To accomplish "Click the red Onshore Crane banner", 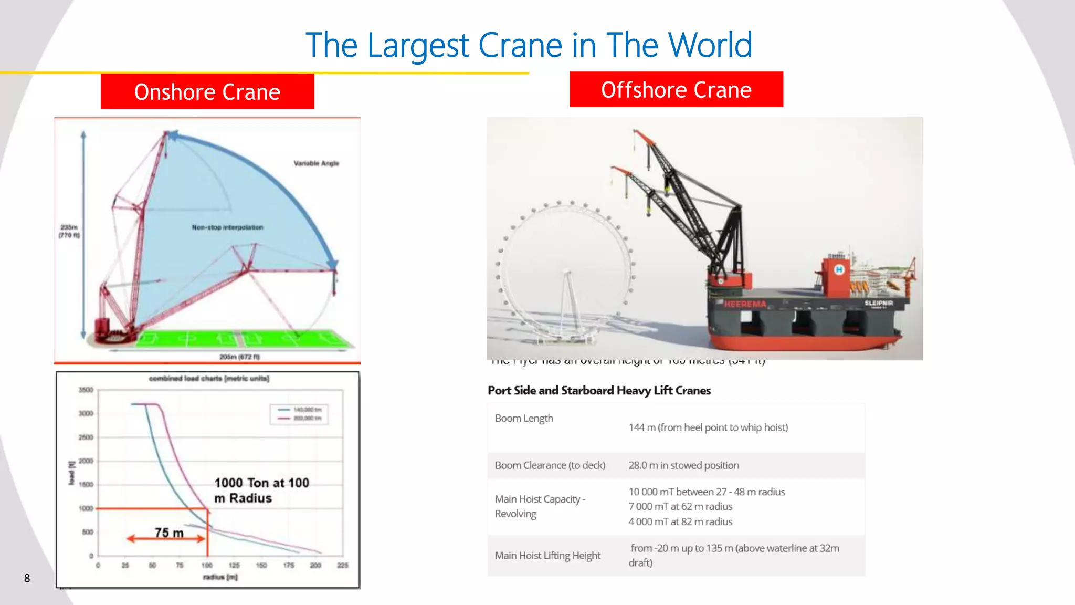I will (207, 92).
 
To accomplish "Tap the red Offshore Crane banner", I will (676, 90).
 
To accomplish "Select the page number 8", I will (27, 578).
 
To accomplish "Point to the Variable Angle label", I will (316, 163).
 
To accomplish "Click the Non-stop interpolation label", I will (227, 227).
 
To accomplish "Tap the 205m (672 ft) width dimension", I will (239, 357).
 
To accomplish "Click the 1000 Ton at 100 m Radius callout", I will (261, 490).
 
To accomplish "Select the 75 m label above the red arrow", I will (169, 533).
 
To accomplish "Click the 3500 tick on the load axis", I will (86, 390).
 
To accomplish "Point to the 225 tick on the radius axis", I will (342, 565).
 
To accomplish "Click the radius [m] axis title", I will (220, 577).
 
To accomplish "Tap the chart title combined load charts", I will (209, 378).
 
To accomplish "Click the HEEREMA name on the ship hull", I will (745, 304).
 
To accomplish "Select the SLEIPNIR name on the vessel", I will (879, 303).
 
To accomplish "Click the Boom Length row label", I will (524, 418).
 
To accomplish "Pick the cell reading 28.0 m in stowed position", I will (683, 465).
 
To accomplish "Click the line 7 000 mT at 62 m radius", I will (680, 506).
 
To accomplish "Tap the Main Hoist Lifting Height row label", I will (547, 555).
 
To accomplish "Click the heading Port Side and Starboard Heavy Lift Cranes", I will (599, 390).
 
